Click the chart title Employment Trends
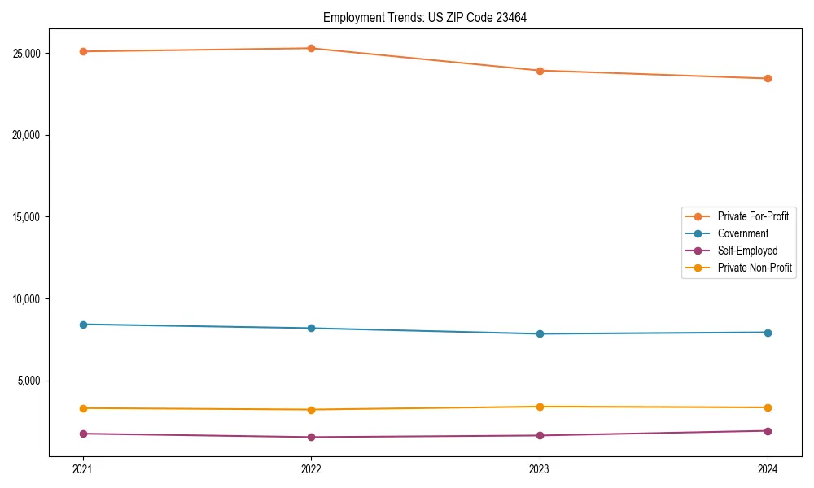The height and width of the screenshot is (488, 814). tap(425, 18)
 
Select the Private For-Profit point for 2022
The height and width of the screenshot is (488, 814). tap(311, 48)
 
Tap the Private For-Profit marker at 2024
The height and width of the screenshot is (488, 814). tap(768, 79)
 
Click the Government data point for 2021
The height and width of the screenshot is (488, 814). tap(83, 325)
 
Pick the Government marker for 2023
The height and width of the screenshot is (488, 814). tap(540, 333)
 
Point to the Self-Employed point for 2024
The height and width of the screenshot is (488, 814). tap(768, 431)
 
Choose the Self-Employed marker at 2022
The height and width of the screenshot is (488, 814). tap(311, 438)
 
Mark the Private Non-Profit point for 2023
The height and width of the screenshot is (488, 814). tap(540, 407)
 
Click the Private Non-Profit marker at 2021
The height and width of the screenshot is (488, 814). tap(83, 408)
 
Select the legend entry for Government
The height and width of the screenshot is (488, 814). tap(742, 233)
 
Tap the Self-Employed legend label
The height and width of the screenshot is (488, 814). tap(747, 251)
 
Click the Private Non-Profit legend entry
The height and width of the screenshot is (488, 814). tap(755, 268)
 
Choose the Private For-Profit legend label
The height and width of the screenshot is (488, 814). tap(753, 216)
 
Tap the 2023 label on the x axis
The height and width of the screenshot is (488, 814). tap(540, 468)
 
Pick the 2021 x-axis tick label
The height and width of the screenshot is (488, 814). tap(83, 468)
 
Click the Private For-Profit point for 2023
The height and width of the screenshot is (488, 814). tap(540, 71)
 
